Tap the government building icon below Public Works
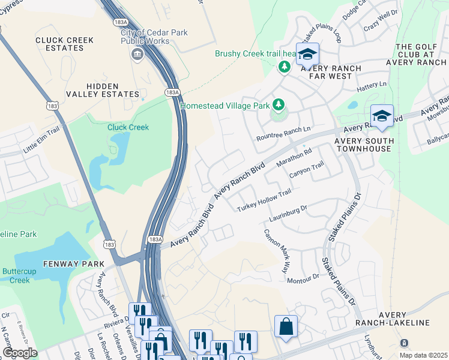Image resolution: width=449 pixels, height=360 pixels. pyautogui.click(x=137, y=55)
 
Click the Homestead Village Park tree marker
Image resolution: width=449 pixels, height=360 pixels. pyautogui.click(x=278, y=106)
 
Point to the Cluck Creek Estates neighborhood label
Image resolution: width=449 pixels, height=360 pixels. pyautogui.click(x=64, y=44)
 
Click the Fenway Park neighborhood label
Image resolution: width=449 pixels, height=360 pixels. pyautogui.click(x=73, y=264)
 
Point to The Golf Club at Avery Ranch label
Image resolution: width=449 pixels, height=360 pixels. pyautogui.click(x=421, y=55)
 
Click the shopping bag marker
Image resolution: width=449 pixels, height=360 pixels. pyautogui.click(x=286, y=327)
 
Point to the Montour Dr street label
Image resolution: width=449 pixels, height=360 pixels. pyautogui.click(x=303, y=280)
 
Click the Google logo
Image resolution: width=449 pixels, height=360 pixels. pyautogui.click(x=20, y=353)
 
